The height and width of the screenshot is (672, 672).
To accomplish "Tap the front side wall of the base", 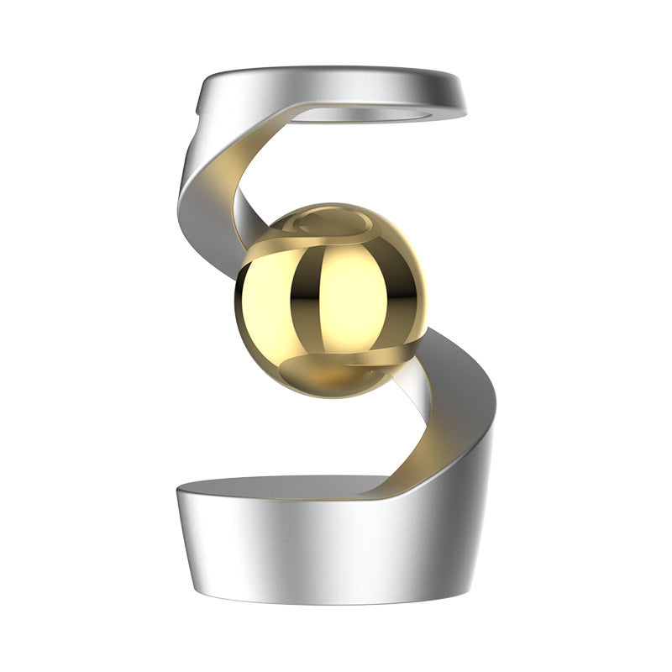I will click(x=319, y=554).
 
